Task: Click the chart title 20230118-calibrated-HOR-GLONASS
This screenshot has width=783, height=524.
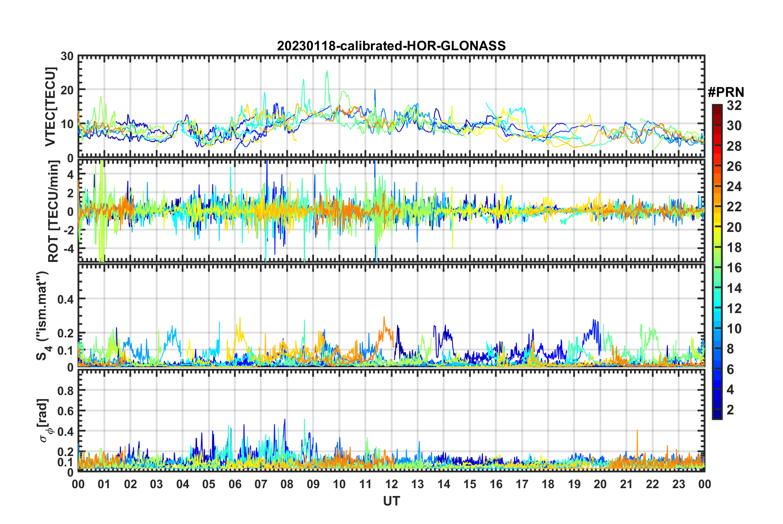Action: [x=391, y=46]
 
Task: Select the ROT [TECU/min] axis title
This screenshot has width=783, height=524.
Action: [x=54, y=211]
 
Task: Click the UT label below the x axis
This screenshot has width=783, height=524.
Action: [x=391, y=501]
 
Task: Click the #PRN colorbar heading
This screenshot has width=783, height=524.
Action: [x=726, y=92]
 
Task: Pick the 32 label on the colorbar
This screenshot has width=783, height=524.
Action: [x=734, y=105]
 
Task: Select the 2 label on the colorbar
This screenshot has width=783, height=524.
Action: [x=730, y=409]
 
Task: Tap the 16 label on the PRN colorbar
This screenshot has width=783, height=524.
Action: [x=734, y=268]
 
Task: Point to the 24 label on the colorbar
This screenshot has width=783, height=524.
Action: [x=734, y=187]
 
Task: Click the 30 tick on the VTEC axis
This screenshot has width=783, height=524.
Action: [x=67, y=56]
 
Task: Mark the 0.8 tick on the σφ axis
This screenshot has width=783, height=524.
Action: [x=65, y=390]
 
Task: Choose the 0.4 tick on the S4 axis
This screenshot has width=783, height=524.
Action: [x=65, y=299]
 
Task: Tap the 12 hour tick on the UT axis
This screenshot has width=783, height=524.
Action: [x=391, y=484]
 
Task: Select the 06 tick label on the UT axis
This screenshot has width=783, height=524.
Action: [x=235, y=484]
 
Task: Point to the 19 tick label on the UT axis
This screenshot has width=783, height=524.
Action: [x=574, y=484]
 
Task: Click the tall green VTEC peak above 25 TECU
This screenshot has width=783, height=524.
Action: [x=327, y=71]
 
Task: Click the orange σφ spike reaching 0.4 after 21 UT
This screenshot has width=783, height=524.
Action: [x=637, y=430]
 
